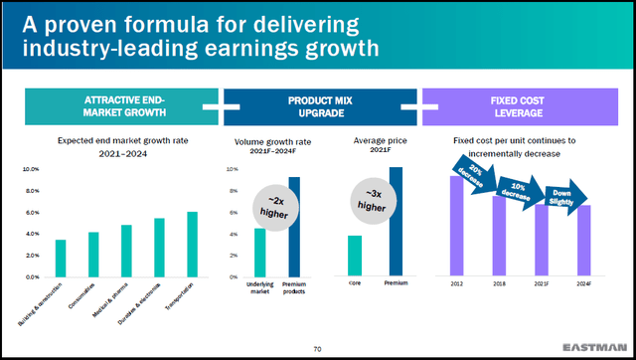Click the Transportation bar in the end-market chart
coord(192,244)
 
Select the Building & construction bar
coord(61,258)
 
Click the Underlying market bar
coord(260,253)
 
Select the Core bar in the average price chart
coord(355,256)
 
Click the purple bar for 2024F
coord(584,240)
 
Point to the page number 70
coord(317,347)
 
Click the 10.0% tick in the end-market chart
coord(31,170)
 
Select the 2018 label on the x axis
coord(500,284)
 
